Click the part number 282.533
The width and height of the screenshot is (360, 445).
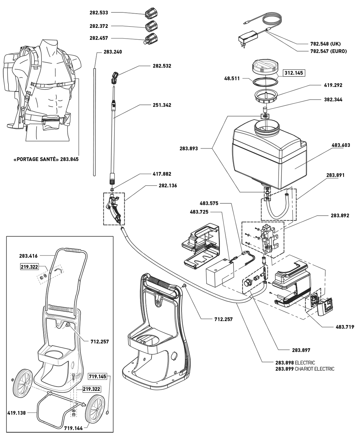[x=99, y=13]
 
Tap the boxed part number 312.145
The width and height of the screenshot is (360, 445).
[x=294, y=73]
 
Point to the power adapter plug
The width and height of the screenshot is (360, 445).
[x=247, y=40]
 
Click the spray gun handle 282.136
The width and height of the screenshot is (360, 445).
[x=114, y=209]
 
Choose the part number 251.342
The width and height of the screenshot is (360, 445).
[x=162, y=105]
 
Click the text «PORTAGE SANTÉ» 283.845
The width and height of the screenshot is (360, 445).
[x=46, y=159]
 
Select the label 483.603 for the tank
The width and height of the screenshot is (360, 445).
[x=341, y=145]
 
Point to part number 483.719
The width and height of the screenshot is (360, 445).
[x=345, y=327]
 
